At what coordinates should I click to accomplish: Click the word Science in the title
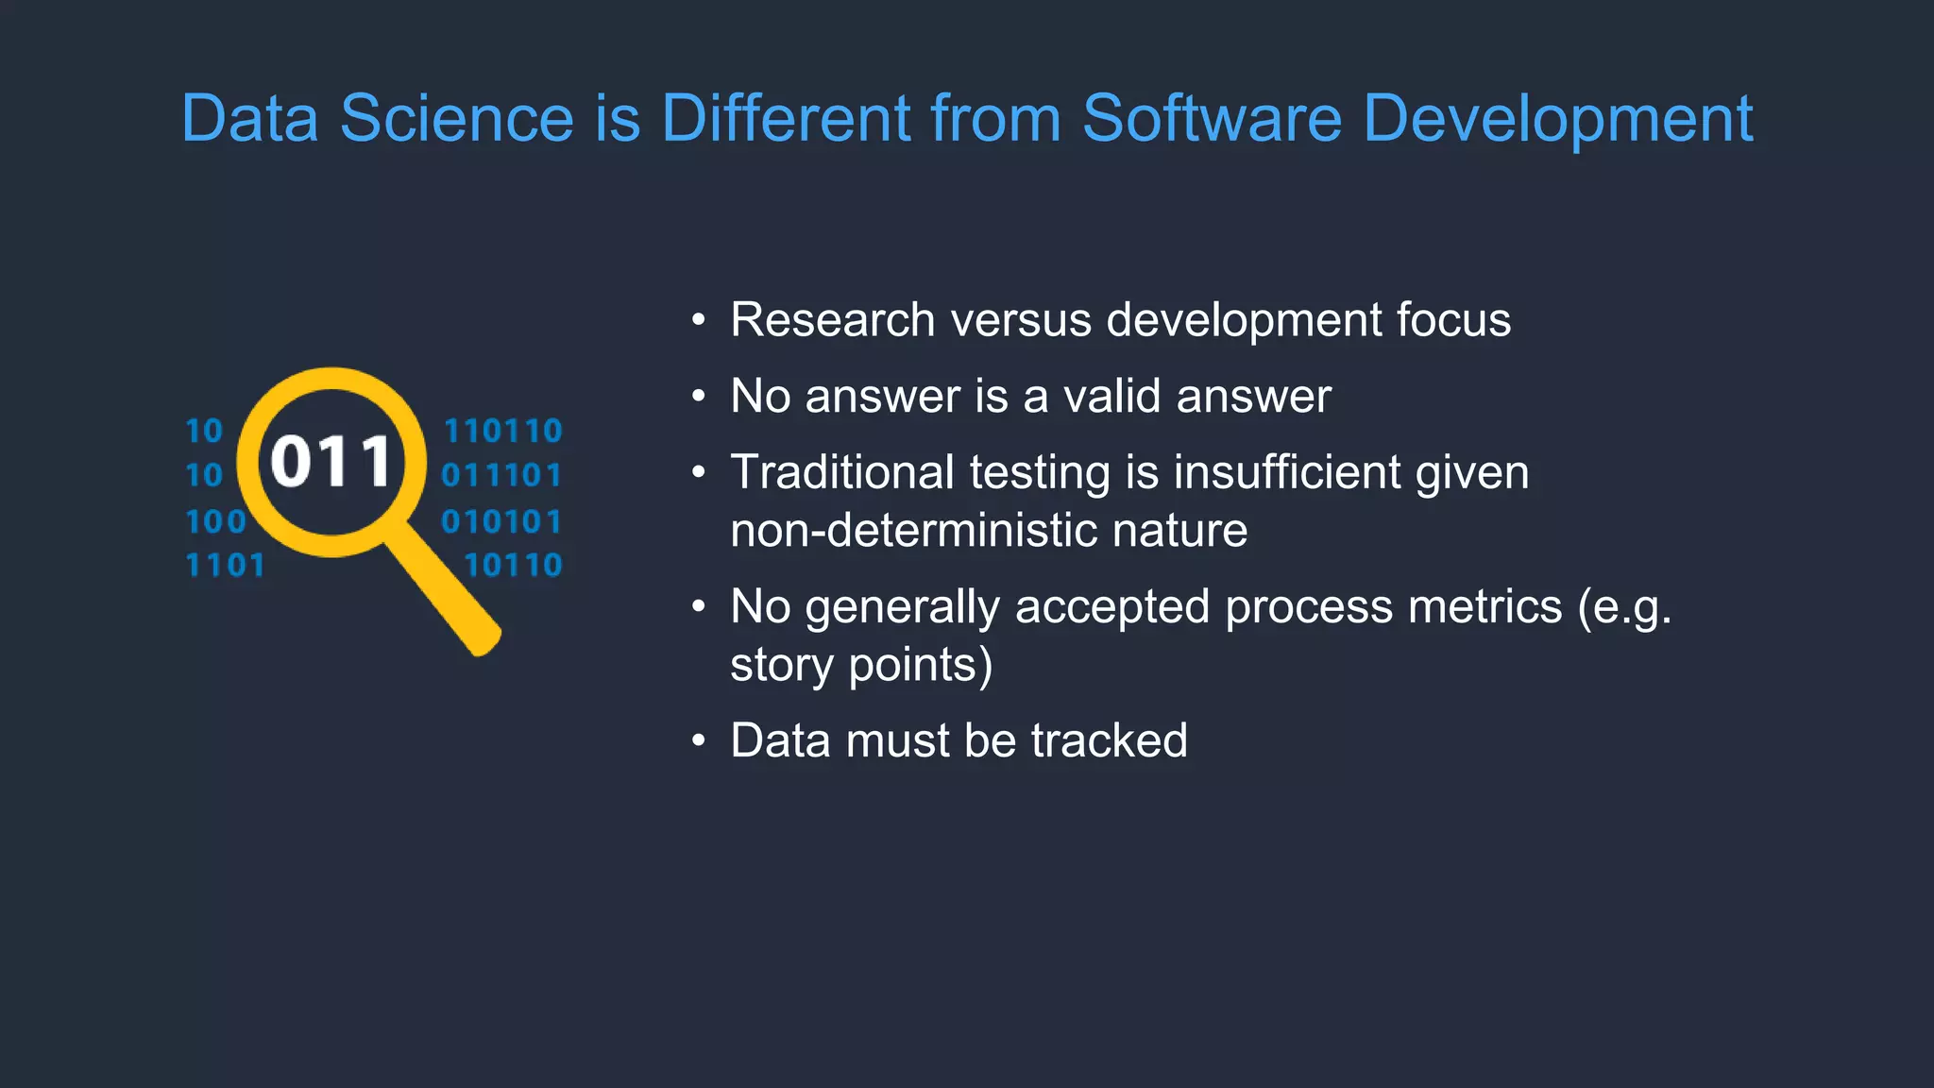point(456,119)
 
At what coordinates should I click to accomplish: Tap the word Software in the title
point(1212,119)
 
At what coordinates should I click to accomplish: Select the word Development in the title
point(1557,121)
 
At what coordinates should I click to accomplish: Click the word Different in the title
point(784,119)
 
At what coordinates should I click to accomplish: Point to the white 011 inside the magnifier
point(331,463)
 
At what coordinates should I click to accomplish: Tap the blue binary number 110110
point(503,432)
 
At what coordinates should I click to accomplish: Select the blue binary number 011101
point(501,475)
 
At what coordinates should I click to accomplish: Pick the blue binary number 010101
point(501,521)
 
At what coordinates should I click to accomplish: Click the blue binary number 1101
point(225,566)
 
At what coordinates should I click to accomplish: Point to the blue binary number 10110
point(513,566)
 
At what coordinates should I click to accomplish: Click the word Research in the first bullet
point(832,320)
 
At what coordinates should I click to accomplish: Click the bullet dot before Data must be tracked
point(698,740)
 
